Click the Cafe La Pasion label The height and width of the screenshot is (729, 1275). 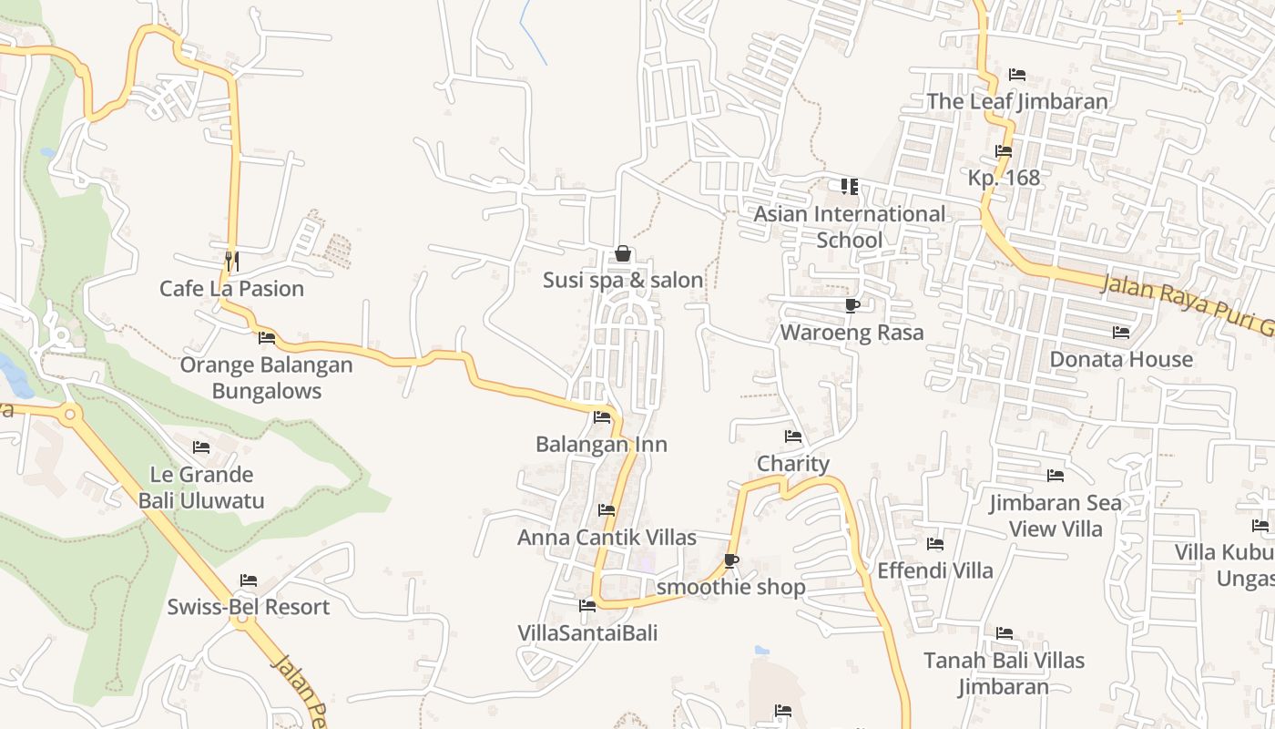pos(231,289)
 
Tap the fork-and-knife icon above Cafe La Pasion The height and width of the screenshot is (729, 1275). pos(231,262)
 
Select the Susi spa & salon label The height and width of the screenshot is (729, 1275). pos(623,280)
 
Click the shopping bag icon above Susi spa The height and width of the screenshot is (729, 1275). pos(623,253)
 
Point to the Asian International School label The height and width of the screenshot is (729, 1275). pos(850,227)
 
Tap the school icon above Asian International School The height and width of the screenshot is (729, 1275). pos(850,187)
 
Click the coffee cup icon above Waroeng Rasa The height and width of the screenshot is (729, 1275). pos(852,305)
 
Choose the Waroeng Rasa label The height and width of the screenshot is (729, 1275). pos(852,333)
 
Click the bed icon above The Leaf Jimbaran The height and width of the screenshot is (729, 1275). pos(1017,75)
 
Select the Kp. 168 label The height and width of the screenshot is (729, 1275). pos(1004,178)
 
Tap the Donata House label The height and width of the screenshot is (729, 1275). pos(1121,359)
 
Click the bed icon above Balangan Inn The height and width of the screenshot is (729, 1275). pos(602,417)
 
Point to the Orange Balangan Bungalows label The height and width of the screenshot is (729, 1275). pos(266,378)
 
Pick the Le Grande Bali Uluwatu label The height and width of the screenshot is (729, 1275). pos(201,488)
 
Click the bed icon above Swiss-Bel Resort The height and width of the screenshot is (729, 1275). pos(249,580)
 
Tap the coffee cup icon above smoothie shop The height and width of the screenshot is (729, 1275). pos(730,560)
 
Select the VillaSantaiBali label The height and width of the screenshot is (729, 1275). pos(587,633)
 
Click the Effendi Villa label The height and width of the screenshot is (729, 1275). pos(935,571)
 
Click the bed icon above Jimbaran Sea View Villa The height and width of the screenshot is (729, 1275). pos(1056,476)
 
